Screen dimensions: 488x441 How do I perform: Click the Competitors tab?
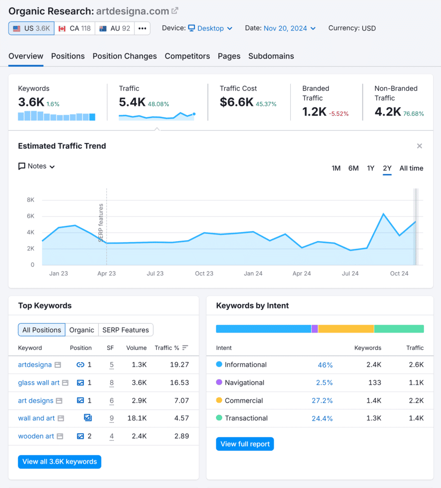(187, 56)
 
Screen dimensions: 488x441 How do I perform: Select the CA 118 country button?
(74, 29)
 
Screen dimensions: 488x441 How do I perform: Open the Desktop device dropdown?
(210, 29)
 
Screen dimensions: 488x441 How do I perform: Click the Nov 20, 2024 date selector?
(289, 29)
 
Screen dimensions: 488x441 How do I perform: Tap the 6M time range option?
(353, 168)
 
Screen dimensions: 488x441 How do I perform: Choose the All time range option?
(411, 168)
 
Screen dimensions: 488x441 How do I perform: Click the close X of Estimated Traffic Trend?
(420, 146)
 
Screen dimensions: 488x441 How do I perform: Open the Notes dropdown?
(37, 166)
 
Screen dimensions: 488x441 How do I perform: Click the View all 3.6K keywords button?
(60, 462)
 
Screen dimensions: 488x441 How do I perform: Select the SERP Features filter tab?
(125, 330)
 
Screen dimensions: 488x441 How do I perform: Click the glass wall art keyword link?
(39, 383)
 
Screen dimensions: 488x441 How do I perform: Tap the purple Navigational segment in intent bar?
(315, 329)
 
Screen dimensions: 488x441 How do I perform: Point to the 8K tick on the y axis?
(31, 200)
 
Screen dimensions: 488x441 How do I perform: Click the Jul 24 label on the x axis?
(350, 274)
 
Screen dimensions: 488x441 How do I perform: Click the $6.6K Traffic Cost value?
(236, 102)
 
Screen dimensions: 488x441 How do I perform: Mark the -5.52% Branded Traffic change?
(338, 114)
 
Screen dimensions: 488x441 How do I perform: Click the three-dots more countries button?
(142, 29)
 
